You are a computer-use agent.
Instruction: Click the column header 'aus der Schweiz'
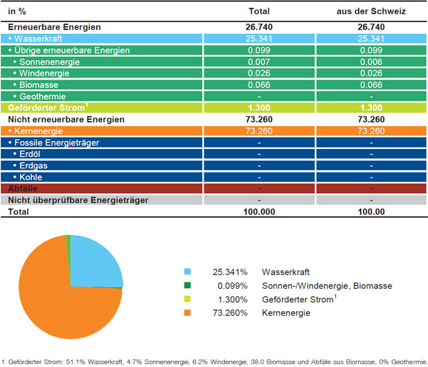coord(371,11)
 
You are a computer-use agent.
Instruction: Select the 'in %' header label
coord(17,12)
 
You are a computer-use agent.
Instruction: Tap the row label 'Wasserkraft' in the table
coord(38,39)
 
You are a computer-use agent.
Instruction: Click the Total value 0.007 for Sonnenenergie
coord(259,62)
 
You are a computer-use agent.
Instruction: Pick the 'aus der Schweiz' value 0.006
coord(371,62)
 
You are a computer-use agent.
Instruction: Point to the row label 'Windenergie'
coord(44,73)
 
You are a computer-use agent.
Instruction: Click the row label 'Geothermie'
coord(42,96)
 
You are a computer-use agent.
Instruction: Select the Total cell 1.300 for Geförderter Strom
coord(259,108)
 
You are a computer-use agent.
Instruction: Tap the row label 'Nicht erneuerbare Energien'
coord(66,120)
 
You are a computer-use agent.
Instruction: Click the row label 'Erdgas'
coord(33,165)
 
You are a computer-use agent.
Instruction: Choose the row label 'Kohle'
coord(31,177)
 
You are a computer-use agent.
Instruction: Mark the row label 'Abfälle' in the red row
coord(23,188)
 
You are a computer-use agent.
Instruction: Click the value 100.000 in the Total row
coord(259,212)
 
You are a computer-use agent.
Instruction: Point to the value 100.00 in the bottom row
coord(371,212)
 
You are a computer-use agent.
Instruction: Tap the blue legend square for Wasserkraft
coord(187,271)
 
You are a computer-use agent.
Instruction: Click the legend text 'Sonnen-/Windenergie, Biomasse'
coord(327,286)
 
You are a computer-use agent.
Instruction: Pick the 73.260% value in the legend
coord(230,313)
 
